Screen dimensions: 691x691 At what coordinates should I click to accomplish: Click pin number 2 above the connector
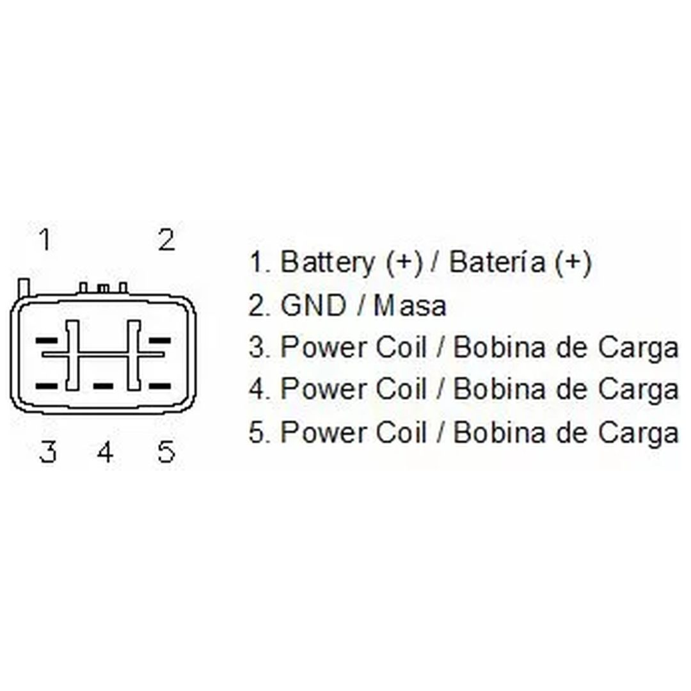pos(167,240)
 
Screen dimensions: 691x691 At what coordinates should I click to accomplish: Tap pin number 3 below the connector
pos(48,451)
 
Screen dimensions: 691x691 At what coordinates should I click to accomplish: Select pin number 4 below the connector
pos(106,451)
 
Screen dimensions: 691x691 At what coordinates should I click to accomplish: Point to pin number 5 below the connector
pos(166,451)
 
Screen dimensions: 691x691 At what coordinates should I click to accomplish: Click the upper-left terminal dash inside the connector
pos(46,340)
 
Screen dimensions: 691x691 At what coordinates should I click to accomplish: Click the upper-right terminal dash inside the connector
pos(159,340)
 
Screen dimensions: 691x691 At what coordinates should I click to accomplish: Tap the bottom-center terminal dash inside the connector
pos(103,386)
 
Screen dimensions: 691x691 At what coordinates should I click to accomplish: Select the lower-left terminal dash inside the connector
pos(46,386)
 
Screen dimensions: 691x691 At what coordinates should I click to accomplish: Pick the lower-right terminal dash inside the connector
pos(159,386)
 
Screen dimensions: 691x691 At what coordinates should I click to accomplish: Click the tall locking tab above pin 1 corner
pos(24,288)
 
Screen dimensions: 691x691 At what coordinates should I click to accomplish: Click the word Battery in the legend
pos(328,262)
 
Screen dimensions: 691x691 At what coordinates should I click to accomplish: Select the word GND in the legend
pos(314,305)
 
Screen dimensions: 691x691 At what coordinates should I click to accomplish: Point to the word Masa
pos(410,305)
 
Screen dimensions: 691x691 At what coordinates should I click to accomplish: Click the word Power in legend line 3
pos(324,347)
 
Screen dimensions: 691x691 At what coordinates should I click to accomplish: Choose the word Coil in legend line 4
pos(401,389)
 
